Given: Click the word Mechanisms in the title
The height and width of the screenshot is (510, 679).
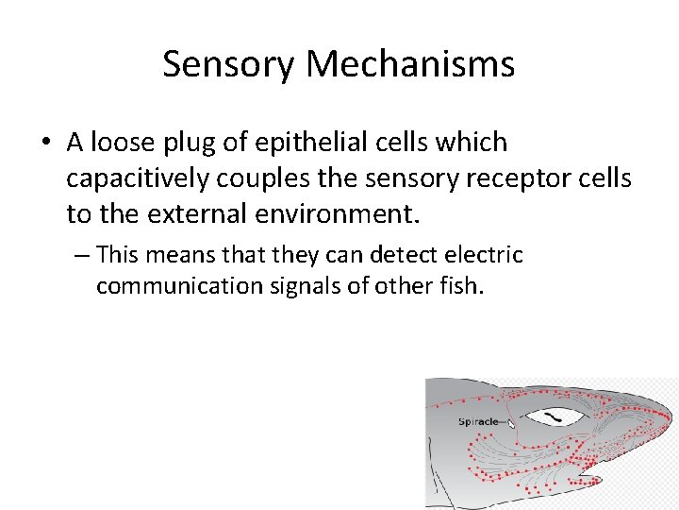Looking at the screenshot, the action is tap(410, 64).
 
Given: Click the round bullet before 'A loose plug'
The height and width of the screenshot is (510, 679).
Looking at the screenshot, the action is tap(44, 144).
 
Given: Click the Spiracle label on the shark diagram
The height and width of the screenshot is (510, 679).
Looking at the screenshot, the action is tap(478, 421).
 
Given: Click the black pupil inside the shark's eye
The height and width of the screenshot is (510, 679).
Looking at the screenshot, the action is tap(555, 416).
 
